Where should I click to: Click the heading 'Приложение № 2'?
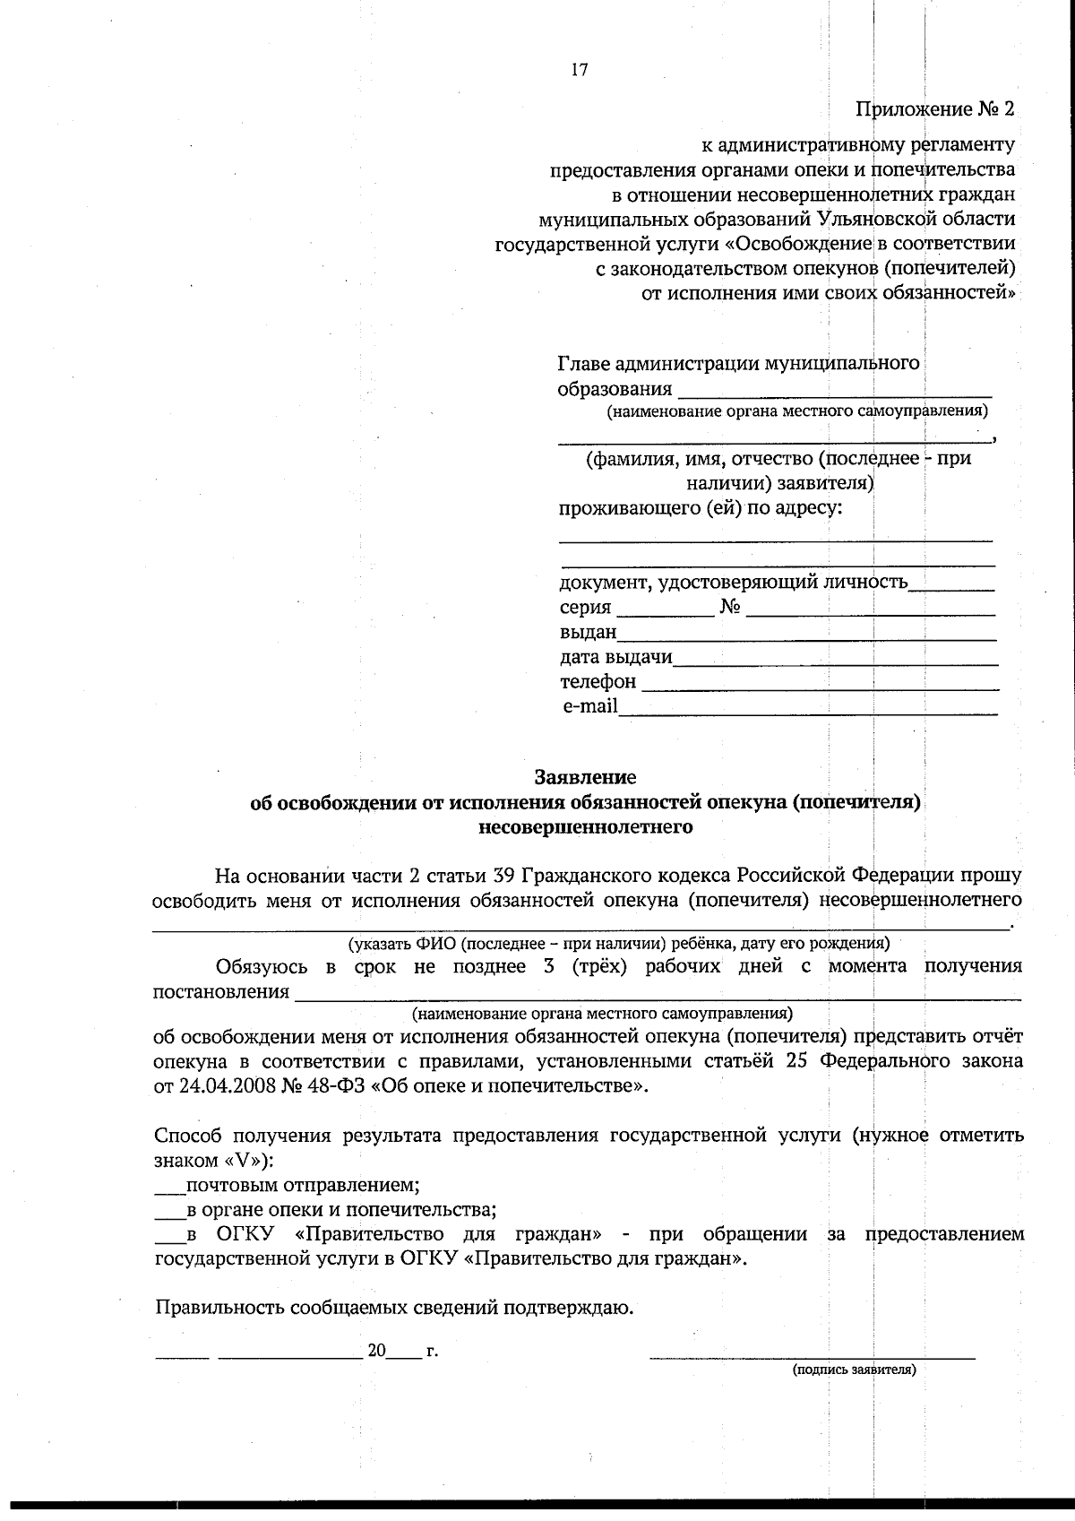(935, 110)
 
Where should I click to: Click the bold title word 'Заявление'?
(585, 776)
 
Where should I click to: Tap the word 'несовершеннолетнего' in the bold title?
(586, 826)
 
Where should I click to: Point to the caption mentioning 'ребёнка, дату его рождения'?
(618, 943)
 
